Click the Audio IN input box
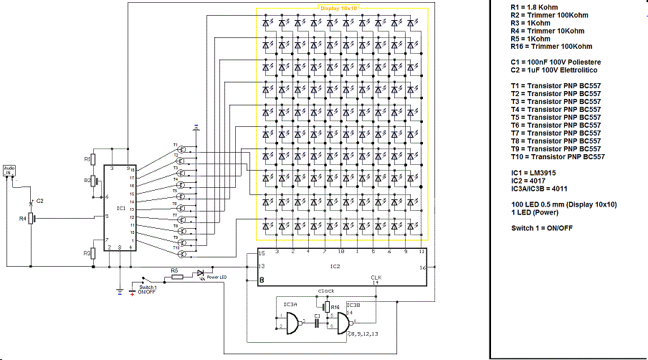click(x=9, y=170)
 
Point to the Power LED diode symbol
click(x=200, y=273)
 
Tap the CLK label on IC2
click(x=376, y=277)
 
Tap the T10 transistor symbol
click(x=183, y=253)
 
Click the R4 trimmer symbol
click(x=31, y=217)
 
